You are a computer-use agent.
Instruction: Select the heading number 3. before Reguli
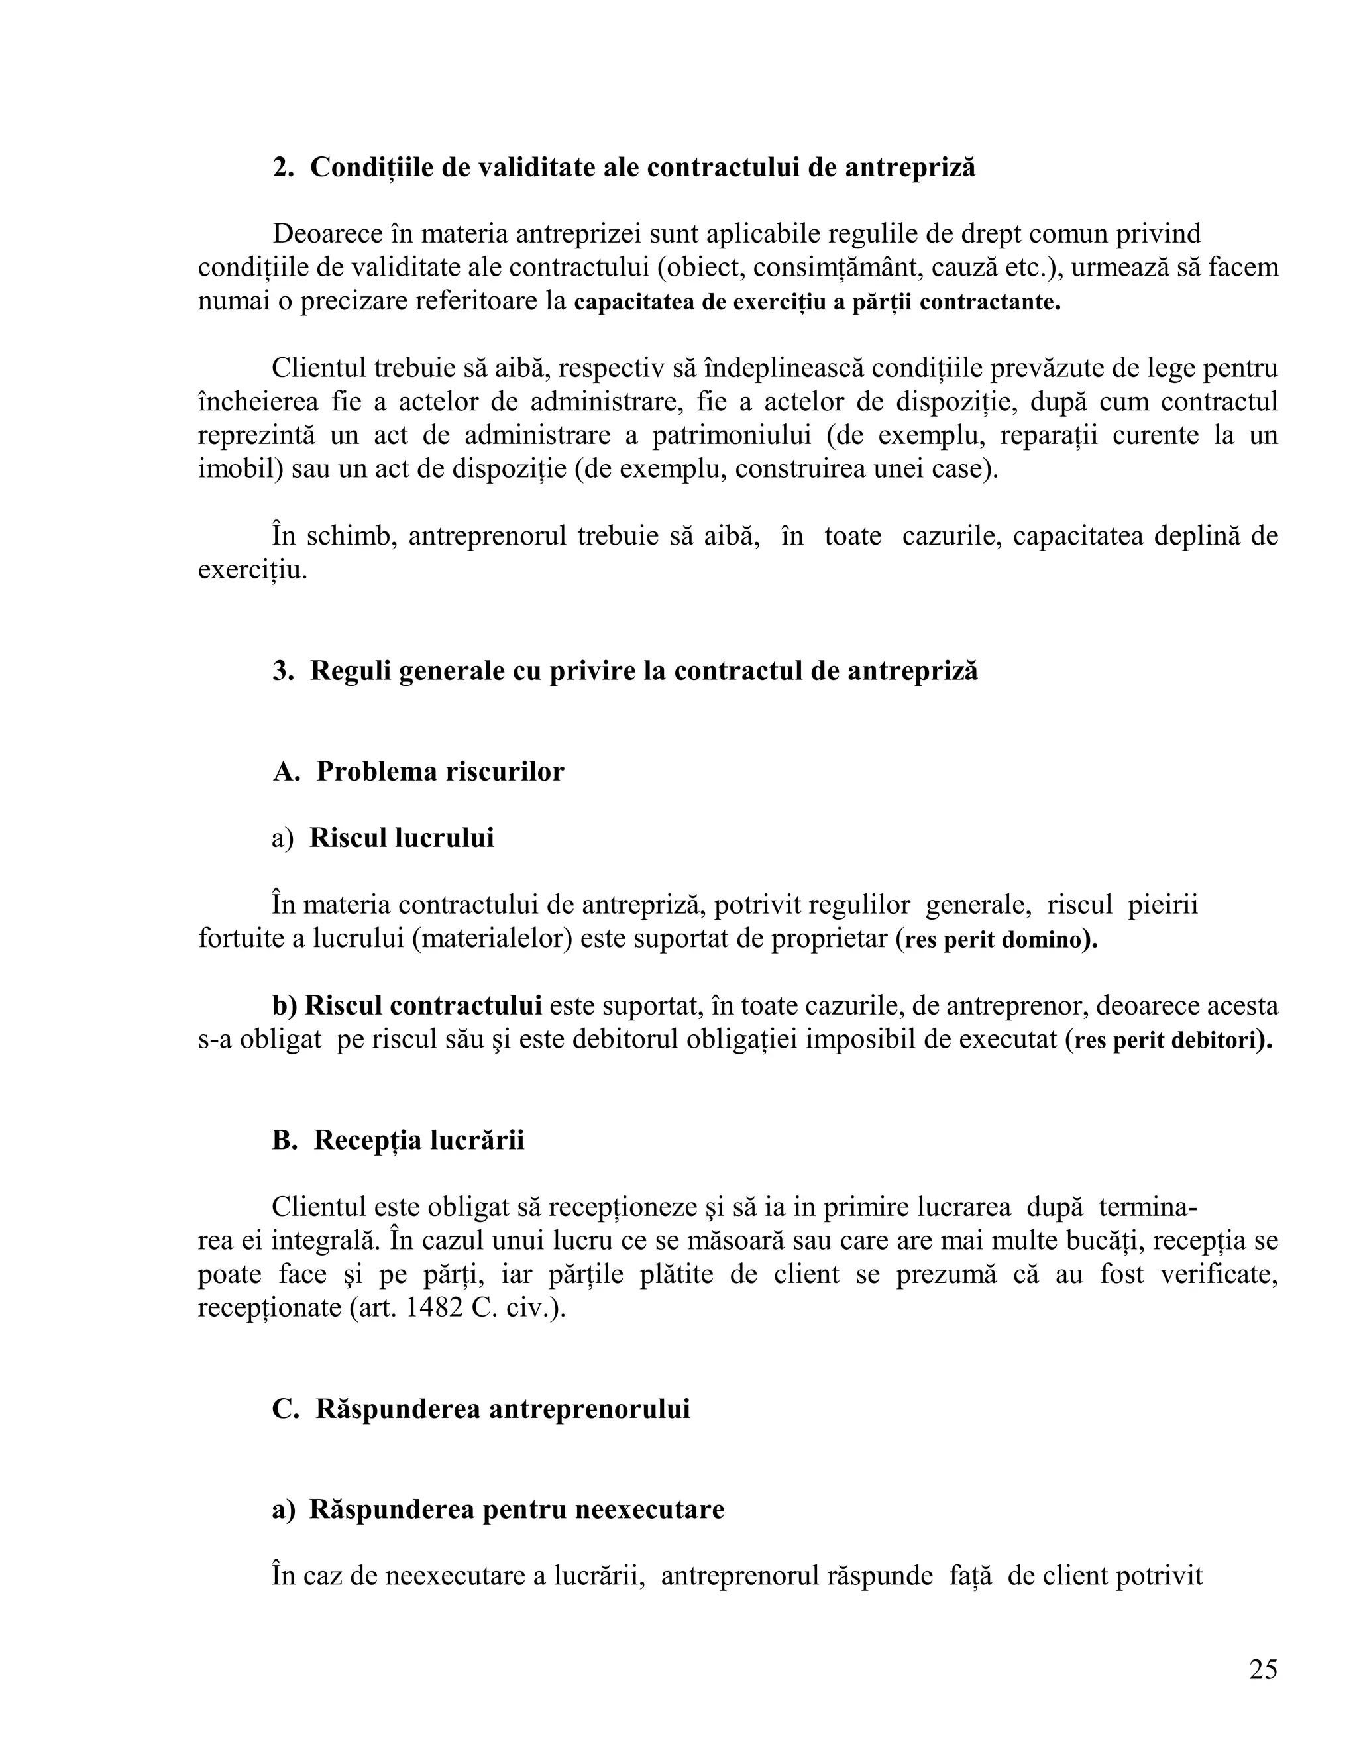(x=283, y=671)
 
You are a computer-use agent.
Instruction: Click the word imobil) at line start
(x=241, y=468)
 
